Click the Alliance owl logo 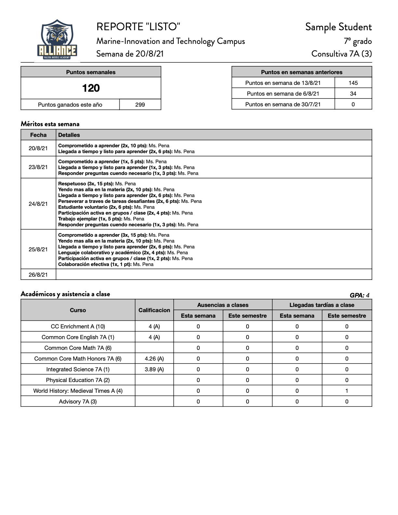pyautogui.click(x=57, y=39)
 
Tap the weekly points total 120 pyautogui.click(x=91, y=88)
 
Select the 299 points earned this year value pyautogui.click(x=140, y=105)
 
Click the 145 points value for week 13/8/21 pyautogui.click(x=353, y=83)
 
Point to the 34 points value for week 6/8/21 pyautogui.click(x=353, y=94)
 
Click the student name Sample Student pyautogui.click(x=338, y=27)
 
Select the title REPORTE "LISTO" pyautogui.click(x=138, y=27)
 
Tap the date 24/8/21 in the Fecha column pyautogui.click(x=38, y=204)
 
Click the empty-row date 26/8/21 pyautogui.click(x=38, y=275)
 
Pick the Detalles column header pyautogui.click(x=69, y=135)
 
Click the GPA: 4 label pyautogui.click(x=359, y=295)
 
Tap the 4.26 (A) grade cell pyautogui.click(x=154, y=359)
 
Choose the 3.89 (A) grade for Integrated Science pyautogui.click(x=154, y=369)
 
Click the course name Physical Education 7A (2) pyautogui.click(x=78, y=380)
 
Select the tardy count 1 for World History pyautogui.click(x=347, y=391)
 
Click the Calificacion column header pyautogui.click(x=154, y=310)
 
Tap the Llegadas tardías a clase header pyautogui.click(x=322, y=305)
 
